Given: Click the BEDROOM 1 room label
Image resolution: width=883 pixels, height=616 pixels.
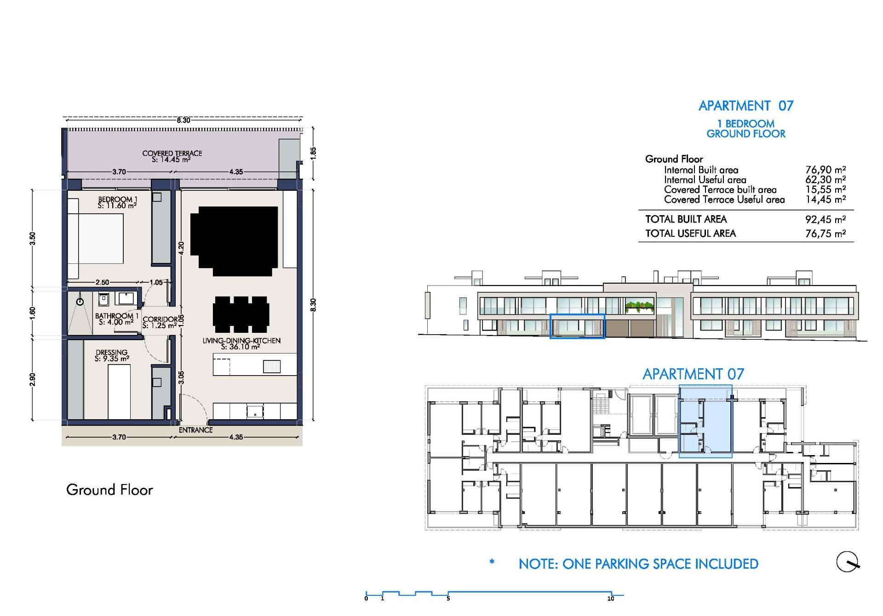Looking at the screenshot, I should tap(117, 202).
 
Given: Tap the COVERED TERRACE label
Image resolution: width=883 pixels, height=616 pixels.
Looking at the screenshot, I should tap(172, 156).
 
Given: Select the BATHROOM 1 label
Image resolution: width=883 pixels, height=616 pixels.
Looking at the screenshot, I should tap(116, 319).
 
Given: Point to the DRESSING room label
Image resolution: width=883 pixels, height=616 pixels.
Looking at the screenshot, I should tap(112, 355).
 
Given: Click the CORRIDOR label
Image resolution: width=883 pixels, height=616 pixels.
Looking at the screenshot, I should tap(160, 322).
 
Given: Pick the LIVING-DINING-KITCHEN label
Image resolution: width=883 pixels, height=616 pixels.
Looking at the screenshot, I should tap(241, 343).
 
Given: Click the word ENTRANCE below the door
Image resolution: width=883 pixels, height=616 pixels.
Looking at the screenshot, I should tap(195, 430).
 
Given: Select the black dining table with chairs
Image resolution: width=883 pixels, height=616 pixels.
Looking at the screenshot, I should tap(241, 314).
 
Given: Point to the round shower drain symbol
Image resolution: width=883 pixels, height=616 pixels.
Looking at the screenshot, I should tap(80, 302).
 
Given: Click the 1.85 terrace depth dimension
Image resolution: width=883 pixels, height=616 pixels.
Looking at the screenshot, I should tap(313, 153).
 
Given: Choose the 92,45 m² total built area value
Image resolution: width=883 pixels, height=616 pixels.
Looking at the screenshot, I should tap(826, 219).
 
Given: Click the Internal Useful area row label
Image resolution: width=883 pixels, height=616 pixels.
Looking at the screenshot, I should tap(705, 180).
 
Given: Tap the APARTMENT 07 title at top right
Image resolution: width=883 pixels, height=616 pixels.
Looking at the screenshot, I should tap(745, 106).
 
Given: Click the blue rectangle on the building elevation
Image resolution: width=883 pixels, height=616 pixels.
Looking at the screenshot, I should tap(577, 326).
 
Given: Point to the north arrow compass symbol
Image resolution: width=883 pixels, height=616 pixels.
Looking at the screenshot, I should tap(847, 561).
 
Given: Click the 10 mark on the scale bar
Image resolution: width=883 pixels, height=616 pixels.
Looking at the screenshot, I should tap(610, 599).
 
